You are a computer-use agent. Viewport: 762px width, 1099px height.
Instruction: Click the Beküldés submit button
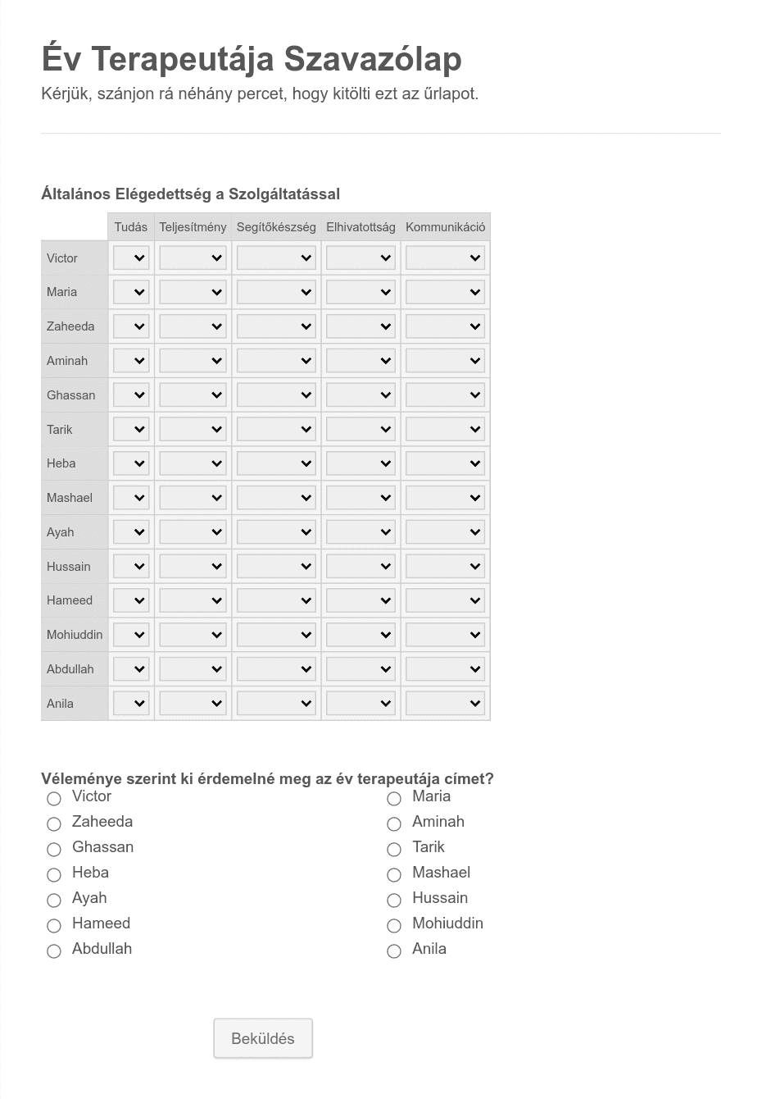(263, 1038)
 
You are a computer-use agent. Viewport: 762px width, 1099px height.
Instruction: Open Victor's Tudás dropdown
(131, 258)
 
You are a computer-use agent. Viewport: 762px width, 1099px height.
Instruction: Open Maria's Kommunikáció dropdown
(445, 292)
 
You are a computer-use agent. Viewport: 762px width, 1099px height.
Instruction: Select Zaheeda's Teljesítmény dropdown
(193, 326)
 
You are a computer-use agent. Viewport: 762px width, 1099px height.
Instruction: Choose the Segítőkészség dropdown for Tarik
(276, 430)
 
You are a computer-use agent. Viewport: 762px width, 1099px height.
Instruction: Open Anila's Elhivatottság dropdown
(361, 704)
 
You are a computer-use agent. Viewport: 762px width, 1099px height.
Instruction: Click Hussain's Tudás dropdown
(131, 567)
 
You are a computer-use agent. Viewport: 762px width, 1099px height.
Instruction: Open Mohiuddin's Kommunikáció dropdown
(445, 635)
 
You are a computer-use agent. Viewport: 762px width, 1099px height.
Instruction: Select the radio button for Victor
(54, 798)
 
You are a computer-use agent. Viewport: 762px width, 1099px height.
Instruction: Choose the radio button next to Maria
(394, 798)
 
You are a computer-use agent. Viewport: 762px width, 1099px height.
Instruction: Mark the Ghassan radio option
(54, 849)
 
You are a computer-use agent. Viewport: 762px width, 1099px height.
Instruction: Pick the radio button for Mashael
(394, 874)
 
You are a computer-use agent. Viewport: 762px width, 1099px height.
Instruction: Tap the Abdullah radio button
(54, 951)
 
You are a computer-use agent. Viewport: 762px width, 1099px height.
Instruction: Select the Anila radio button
(394, 951)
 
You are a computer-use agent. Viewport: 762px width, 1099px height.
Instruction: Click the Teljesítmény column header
(193, 227)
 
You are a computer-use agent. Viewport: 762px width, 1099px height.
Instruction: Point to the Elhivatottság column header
(361, 227)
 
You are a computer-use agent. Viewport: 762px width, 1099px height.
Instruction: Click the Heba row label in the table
(61, 463)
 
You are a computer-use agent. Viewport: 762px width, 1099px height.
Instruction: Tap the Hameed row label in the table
(70, 600)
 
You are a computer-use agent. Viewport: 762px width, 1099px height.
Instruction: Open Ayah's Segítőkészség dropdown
(276, 532)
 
